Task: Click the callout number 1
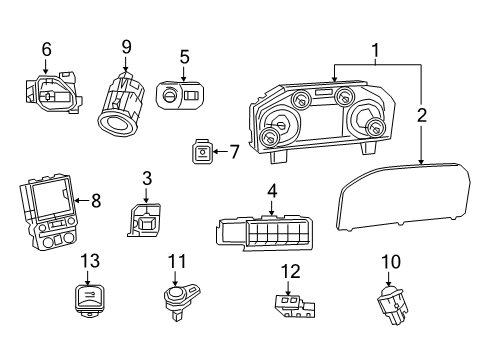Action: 376,50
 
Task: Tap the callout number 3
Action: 146,179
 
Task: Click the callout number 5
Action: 184,57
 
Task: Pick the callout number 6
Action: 46,49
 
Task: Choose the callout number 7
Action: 234,152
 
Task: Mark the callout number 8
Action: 96,201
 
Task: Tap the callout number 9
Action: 127,46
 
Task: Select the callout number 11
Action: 177,262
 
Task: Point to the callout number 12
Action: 290,270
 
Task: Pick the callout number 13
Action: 90,262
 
